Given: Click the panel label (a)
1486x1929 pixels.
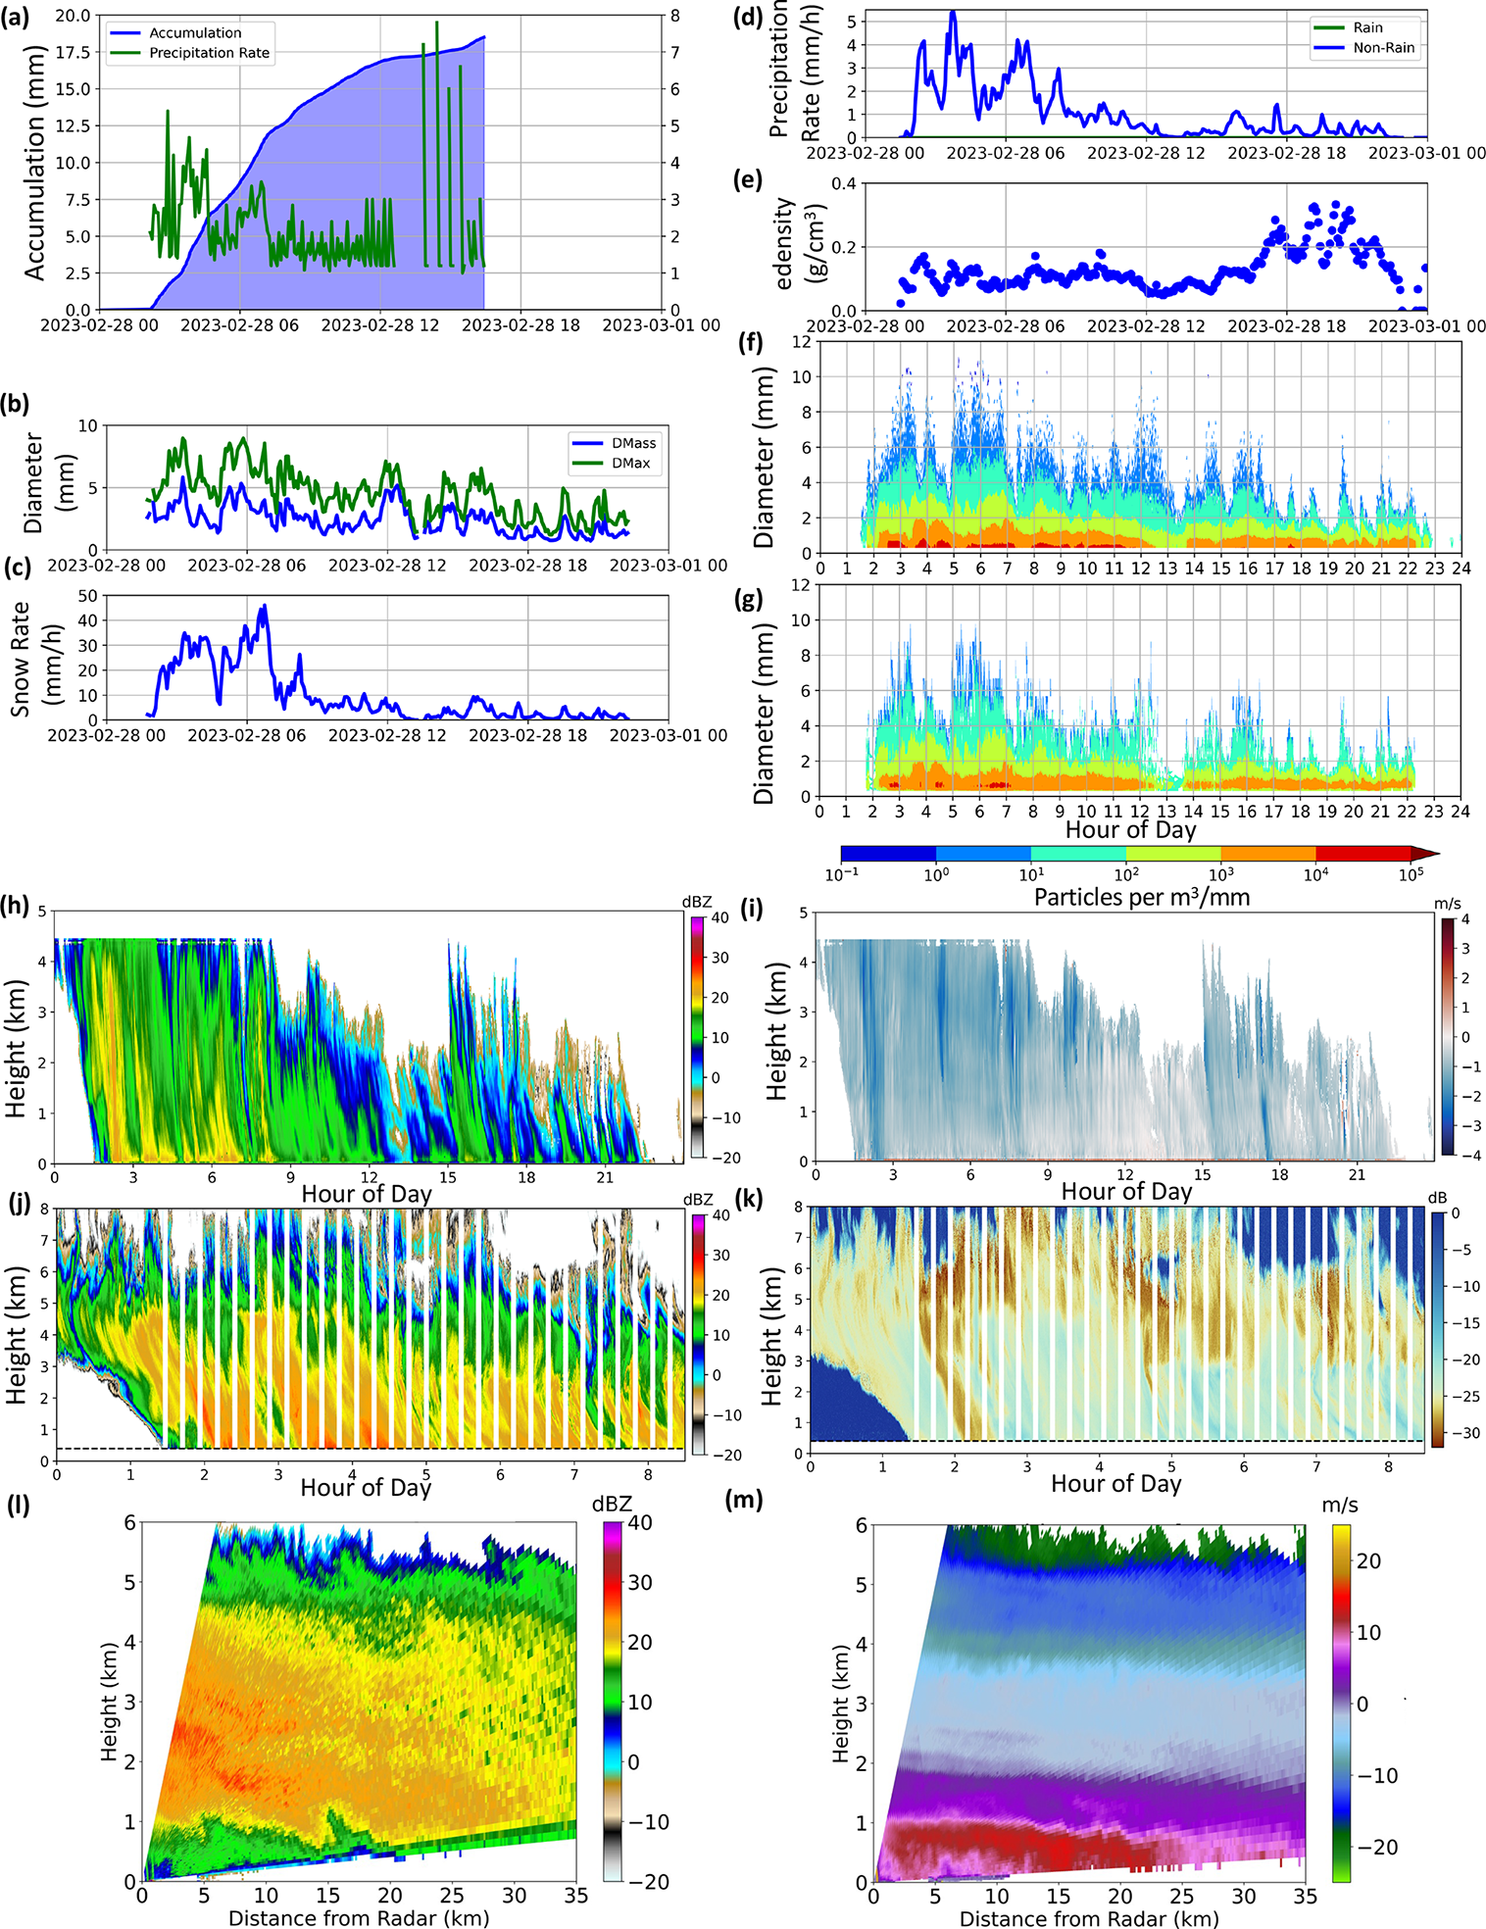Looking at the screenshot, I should (18, 19).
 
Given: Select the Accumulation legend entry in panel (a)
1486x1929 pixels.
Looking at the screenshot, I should (194, 32).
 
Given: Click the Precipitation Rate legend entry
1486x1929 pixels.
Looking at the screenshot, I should (208, 53).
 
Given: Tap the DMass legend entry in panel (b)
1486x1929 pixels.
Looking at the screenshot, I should (633, 443).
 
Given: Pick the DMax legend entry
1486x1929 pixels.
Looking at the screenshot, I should (630, 463).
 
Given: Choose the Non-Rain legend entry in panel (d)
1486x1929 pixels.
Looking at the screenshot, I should (1383, 47).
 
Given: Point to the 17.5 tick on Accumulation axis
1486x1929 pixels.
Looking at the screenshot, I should (72, 52).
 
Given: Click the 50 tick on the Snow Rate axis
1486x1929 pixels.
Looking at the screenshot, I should (87, 596).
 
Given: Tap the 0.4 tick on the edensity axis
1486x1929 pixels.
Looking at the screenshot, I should (842, 183).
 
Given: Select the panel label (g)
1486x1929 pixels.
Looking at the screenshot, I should (748, 599).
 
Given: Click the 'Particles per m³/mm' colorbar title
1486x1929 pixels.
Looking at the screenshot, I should (1141, 897).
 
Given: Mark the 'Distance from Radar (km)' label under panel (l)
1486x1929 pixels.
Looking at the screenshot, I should (358, 1917).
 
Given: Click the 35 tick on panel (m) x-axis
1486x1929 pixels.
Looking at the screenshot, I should (1306, 1896).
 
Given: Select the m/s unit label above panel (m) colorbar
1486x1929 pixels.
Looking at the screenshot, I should (1339, 1505).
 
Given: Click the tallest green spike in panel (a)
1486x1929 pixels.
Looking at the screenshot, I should (437, 24).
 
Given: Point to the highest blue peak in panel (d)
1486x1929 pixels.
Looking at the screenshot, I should (953, 13).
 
